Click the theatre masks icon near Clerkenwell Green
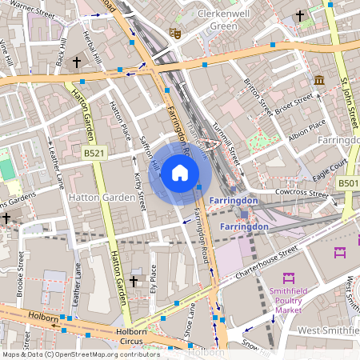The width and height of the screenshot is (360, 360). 173,33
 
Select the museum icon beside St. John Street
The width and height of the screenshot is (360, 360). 319,81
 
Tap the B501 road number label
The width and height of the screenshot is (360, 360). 347,184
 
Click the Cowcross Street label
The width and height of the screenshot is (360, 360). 302,194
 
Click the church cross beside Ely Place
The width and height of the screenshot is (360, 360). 134,281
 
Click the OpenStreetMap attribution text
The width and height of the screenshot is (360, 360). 80,354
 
